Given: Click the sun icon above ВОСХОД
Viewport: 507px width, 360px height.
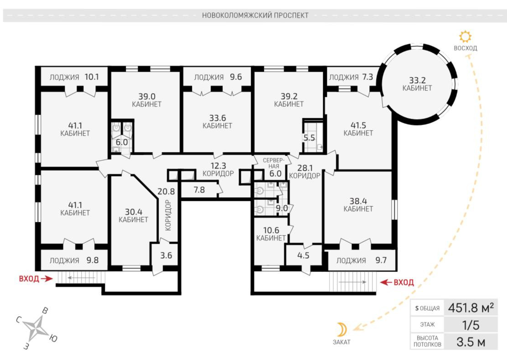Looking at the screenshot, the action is point(466,37).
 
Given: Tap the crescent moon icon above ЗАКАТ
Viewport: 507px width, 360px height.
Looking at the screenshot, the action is point(342,329).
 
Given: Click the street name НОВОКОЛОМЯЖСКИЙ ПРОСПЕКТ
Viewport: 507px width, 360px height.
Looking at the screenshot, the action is point(255,15).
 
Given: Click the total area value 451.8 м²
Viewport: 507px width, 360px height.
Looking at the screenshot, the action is point(471,308).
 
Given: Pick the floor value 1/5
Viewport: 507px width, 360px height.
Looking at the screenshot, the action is point(471,325).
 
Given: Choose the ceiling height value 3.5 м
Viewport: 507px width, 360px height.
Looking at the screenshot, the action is point(471,342).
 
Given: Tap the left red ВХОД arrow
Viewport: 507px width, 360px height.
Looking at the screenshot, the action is point(47,278).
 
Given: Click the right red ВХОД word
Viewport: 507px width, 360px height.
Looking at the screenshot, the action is point(404,282).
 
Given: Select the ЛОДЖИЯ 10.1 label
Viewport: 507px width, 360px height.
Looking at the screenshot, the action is point(74,77).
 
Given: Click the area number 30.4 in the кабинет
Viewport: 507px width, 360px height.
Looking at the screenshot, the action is point(134,212).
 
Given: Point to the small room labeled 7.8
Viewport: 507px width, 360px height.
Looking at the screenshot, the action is point(199,190).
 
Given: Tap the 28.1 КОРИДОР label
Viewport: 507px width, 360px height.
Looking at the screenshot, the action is point(305,172).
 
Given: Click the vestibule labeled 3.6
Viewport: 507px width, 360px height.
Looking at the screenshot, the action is point(166,255).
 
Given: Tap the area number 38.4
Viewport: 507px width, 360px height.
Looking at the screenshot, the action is point(358,201).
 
